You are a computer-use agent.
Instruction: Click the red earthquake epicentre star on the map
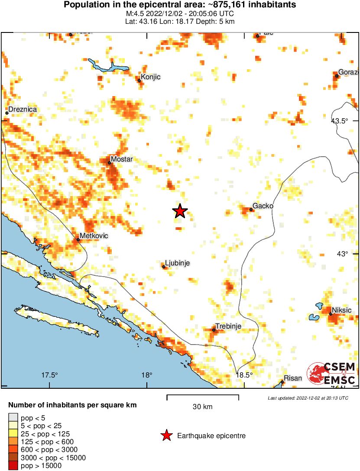pyautogui.click(x=180, y=211)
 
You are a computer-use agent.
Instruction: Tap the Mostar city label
pyautogui.click(x=122, y=159)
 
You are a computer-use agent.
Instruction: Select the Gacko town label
pyautogui.click(x=263, y=206)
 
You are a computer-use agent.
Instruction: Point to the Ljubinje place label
pyautogui.click(x=178, y=263)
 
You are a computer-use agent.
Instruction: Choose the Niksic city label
pyautogui.click(x=341, y=310)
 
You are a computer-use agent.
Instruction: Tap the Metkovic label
pyautogui.click(x=94, y=235)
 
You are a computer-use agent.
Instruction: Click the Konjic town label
pyautogui.click(x=151, y=77)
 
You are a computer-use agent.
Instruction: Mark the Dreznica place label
pyautogui.click(x=22, y=110)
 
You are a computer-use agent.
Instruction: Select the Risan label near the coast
pyautogui.click(x=293, y=378)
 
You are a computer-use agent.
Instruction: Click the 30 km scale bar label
pyautogui.click(x=202, y=407)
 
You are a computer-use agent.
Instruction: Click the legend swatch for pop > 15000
pyautogui.click(x=13, y=466)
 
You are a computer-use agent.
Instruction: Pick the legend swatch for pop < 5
pyautogui.click(x=13, y=418)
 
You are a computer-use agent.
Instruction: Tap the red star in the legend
pyautogui.click(x=166, y=436)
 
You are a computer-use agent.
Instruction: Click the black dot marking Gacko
pyautogui.click(x=251, y=210)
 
